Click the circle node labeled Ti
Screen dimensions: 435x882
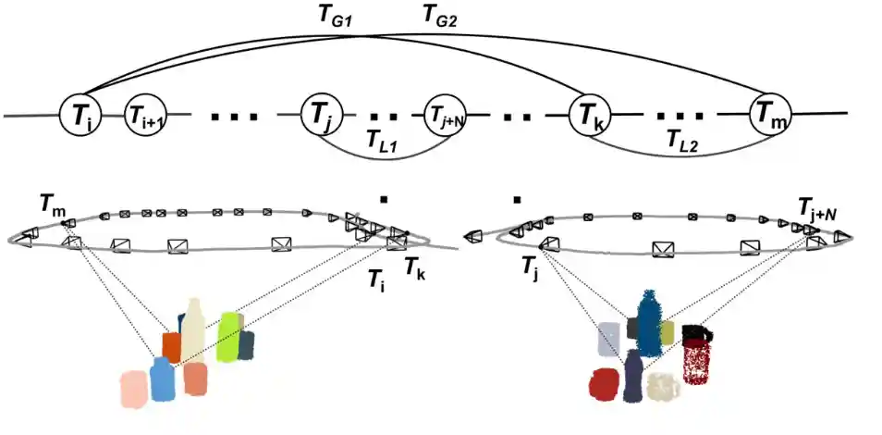[80, 115]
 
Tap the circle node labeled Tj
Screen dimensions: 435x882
[321, 117]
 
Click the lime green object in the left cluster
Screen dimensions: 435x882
[227, 338]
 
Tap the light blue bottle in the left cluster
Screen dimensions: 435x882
[162, 380]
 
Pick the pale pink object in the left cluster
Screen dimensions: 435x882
[134, 389]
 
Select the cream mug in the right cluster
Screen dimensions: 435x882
[662, 386]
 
